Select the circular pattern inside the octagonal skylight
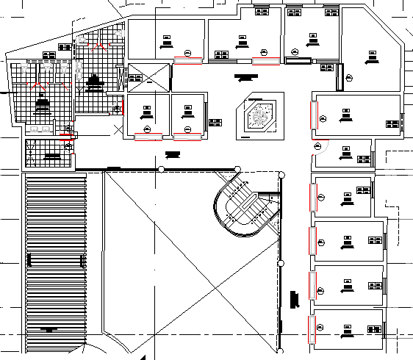coord(258,117)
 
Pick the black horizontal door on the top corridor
coord(299,60)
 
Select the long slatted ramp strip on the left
coord(55,261)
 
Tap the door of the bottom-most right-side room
coord(312,328)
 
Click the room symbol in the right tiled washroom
coord(93,81)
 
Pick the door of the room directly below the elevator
coord(148,136)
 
